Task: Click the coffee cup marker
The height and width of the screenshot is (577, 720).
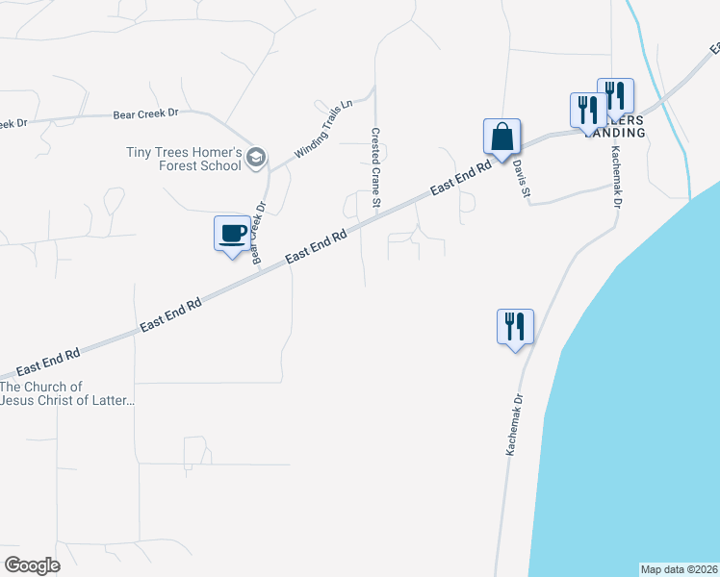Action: point(232,234)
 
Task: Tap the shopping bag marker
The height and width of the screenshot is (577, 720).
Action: point(501,136)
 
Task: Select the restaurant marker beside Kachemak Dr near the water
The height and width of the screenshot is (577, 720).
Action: point(515,327)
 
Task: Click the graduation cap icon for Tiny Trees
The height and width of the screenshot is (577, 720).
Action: point(256,158)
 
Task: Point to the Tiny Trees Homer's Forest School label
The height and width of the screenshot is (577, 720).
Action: point(183,159)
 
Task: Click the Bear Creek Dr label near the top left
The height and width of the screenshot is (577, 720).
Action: point(146,113)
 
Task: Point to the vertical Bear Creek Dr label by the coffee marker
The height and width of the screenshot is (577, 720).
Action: point(258,232)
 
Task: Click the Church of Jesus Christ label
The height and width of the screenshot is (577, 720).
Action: point(67,393)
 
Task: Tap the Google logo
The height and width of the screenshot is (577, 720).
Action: point(32,565)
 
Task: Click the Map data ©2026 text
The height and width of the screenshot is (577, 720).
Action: point(679,569)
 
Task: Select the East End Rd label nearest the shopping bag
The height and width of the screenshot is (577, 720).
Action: point(461,178)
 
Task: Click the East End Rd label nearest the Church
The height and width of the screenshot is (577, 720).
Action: point(47,363)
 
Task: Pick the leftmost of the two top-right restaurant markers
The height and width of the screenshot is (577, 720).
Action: point(587,110)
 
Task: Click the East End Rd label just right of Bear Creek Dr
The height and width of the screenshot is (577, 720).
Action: point(316,247)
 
